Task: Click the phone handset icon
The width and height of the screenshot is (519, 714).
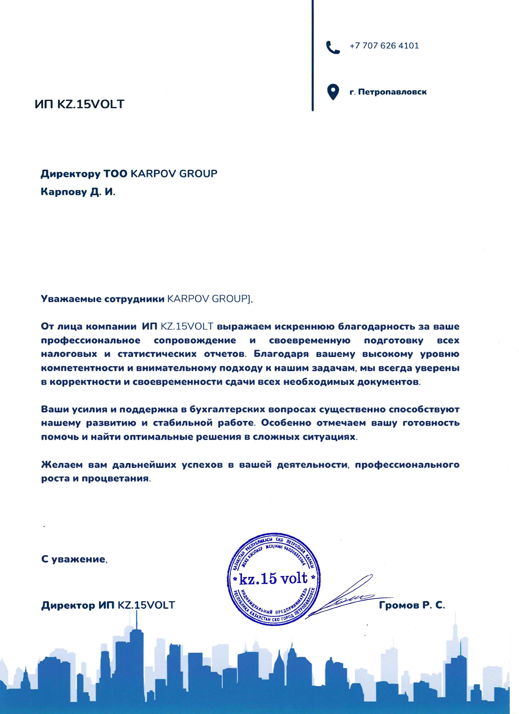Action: tap(333, 47)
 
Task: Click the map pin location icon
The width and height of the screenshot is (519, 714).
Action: tap(333, 92)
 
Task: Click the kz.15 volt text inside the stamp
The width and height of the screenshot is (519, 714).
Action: tap(273, 578)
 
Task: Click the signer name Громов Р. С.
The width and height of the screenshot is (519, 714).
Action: tap(412, 605)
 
